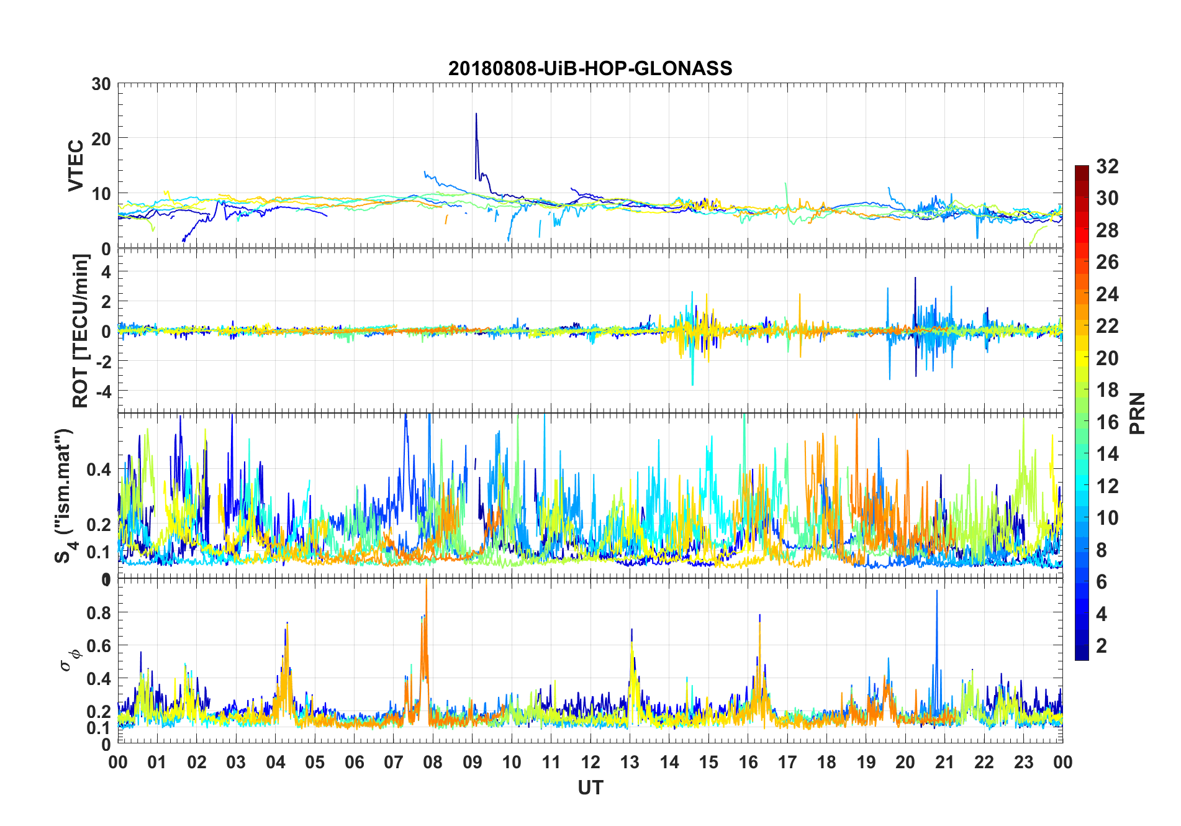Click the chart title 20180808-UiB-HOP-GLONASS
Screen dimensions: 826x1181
(x=590, y=68)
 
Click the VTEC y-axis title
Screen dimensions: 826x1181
(x=76, y=166)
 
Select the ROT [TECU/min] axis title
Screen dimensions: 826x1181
(x=81, y=330)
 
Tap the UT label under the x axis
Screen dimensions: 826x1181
(x=590, y=787)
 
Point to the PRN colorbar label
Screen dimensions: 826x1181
(x=1137, y=413)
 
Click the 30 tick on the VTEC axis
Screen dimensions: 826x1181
(x=101, y=84)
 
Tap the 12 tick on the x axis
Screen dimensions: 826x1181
(x=590, y=763)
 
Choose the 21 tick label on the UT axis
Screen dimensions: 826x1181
(x=944, y=763)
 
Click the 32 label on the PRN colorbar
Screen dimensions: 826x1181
(x=1107, y=166)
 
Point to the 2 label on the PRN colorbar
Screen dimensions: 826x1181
(x=1102, y=646)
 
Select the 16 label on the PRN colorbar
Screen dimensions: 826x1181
(x=1107, y=422)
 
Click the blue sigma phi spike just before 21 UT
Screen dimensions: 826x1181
(x=937, y=592)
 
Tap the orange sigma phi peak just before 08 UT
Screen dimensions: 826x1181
(x=426, y=584)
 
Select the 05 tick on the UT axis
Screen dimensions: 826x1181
(x=315, y=763)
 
